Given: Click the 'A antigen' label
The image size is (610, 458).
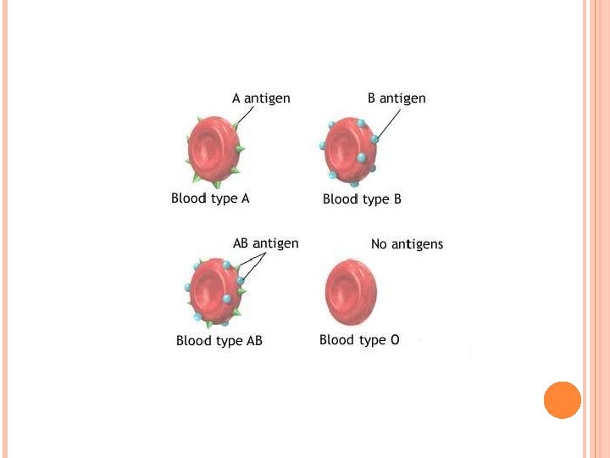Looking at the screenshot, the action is pyautogui.click(x=261, y=98).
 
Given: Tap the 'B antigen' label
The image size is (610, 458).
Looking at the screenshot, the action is pyautogui.click(x=396, y=98).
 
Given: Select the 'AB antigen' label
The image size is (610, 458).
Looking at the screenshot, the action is pyautogui.click(x=265, y=243).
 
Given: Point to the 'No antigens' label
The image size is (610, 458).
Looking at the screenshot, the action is pyautogui.click(x=407, y=244).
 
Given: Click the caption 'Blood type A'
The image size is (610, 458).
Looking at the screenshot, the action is pyautogui.click(x=210, y=198).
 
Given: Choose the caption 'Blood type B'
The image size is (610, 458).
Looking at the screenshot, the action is pyautogui.click(x=362, y=199).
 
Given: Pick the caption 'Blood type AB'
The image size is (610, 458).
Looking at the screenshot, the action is pyautogui.click(x=219, y=341).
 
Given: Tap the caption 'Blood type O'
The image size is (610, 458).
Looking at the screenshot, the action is pyautogui.click(x=359, y=340).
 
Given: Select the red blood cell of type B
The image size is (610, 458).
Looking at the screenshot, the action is pyautogui.click(x=350, y=151).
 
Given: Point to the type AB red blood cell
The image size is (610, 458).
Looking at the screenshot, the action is pyautogui.click(x=215, y=291).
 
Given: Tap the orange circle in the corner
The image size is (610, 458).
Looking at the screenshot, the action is pyautogui.click(x=562, y=400).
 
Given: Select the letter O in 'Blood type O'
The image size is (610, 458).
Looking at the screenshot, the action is pyautogui.click(x=394, y=340).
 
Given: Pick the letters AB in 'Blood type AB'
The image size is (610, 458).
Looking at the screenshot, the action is pyautogui.click(x=254, y=341).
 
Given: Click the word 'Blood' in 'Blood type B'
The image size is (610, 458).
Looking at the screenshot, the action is pyautogui.click(x=340, y=199).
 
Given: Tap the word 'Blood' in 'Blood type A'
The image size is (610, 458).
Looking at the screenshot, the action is pyautogui.click(x=189, y=198).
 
